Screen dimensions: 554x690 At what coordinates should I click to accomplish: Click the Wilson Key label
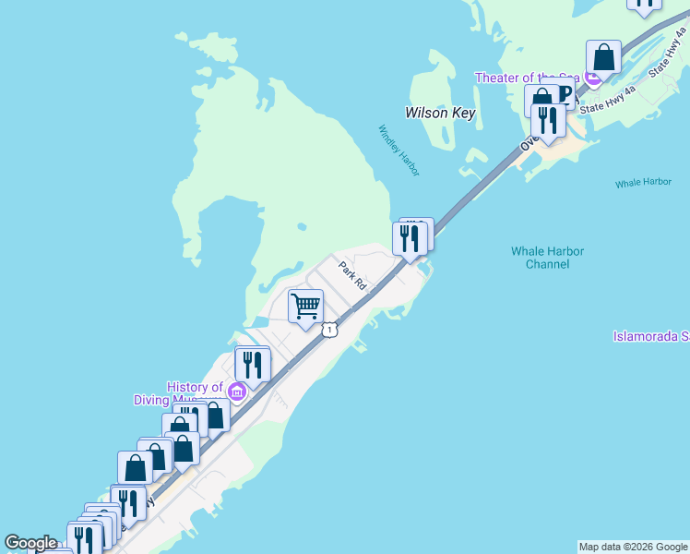coord(440,113)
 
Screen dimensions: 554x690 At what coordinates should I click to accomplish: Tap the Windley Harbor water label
coord(399,150)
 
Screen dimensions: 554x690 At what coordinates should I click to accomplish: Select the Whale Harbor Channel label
coord(547,258)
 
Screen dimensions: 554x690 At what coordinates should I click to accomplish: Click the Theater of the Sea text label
coord(528,78)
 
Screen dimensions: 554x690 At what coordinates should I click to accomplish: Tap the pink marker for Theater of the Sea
coord(591,79)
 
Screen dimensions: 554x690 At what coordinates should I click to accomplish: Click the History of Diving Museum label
coord(196,393)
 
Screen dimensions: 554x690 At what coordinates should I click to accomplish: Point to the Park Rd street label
coord(352,276)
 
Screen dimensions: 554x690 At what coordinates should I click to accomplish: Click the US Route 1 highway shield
coord(328,330)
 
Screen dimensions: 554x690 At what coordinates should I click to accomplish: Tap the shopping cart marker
coord(305,306)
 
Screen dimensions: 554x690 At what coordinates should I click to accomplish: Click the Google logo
coord(30,543)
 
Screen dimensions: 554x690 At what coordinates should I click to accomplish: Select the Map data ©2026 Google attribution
coord(633,547)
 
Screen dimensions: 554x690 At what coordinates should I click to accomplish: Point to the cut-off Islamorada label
coord(651,336)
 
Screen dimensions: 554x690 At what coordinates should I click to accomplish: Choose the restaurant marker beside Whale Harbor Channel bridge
coord(410,238)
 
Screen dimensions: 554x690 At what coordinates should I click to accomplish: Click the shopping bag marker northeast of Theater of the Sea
coord(603,57)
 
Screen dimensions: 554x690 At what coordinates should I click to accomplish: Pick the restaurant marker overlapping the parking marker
coord(549,121)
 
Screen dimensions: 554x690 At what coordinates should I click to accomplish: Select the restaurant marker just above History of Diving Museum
coord(252,364)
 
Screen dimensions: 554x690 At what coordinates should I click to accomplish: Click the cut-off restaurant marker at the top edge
coord(644,4)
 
